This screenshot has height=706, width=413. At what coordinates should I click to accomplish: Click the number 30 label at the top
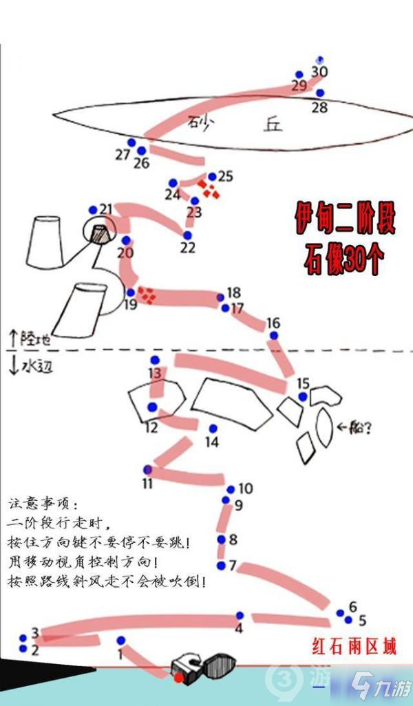(319, 72)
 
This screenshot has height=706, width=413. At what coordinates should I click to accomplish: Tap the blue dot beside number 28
(320, 93)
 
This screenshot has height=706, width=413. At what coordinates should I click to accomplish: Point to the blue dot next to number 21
(94, 209)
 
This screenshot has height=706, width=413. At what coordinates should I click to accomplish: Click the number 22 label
(188, 247)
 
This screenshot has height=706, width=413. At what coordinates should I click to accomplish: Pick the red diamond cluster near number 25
(209, 188)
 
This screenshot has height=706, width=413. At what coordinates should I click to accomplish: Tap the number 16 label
(273, 323)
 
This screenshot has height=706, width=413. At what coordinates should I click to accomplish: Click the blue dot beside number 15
(303, 396)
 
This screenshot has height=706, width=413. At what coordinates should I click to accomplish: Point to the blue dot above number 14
(213, 428)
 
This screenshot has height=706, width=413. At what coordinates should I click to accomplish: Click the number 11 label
(147, 484)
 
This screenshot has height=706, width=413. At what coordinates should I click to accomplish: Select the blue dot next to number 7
(221, 565)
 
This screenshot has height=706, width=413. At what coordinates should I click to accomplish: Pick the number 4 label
(239, 628)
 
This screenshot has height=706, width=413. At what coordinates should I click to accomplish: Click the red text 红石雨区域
(354, 648)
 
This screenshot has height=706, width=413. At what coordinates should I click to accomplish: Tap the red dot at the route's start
(179, 678)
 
